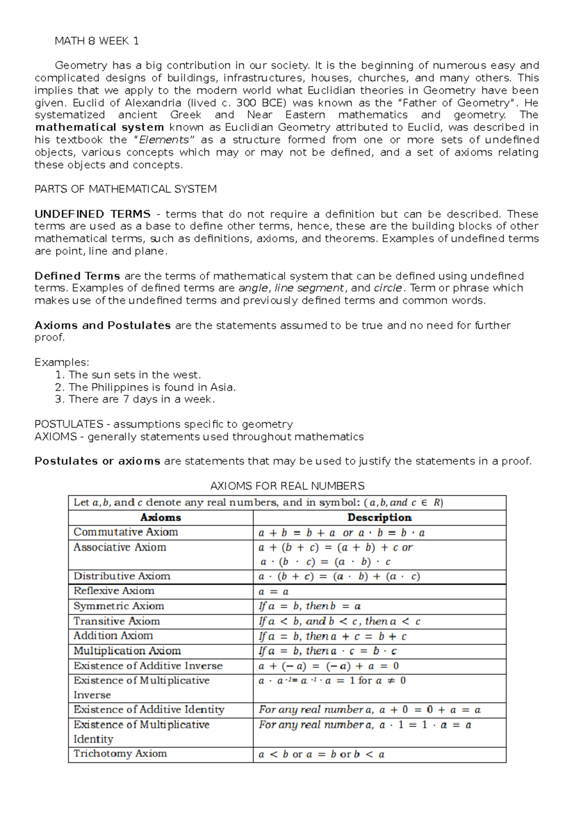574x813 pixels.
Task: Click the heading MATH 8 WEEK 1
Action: click(97, 41)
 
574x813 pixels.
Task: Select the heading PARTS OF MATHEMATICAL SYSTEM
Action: click(125, 189)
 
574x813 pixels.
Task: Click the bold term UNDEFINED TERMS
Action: click(92, 214)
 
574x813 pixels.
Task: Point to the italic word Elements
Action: click(164, 140)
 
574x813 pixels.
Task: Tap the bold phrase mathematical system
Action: click(99, 127)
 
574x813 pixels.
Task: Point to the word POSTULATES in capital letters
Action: click(69, 424)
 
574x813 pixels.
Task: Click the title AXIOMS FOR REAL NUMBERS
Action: click(287, 486)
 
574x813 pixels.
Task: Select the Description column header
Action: click(379, 518)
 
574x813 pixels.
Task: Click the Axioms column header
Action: click(160, 518)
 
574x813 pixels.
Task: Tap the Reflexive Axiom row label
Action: click(114, 591)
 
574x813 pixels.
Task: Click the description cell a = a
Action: click(273, 592)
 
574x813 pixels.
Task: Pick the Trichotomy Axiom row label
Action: click(120, 754)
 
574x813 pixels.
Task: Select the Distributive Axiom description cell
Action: click(339, 576)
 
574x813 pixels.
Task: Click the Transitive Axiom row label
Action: click(117, 621)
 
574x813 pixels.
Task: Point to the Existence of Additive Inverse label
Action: click(148, 666)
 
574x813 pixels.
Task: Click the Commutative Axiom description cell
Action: click(342, 533)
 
